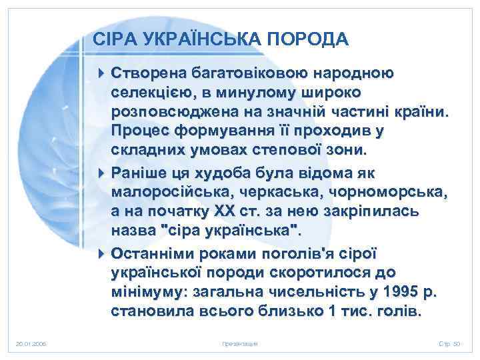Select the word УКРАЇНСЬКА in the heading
(203, 40)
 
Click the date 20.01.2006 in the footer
(30, 343)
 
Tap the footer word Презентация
(239, 343)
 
